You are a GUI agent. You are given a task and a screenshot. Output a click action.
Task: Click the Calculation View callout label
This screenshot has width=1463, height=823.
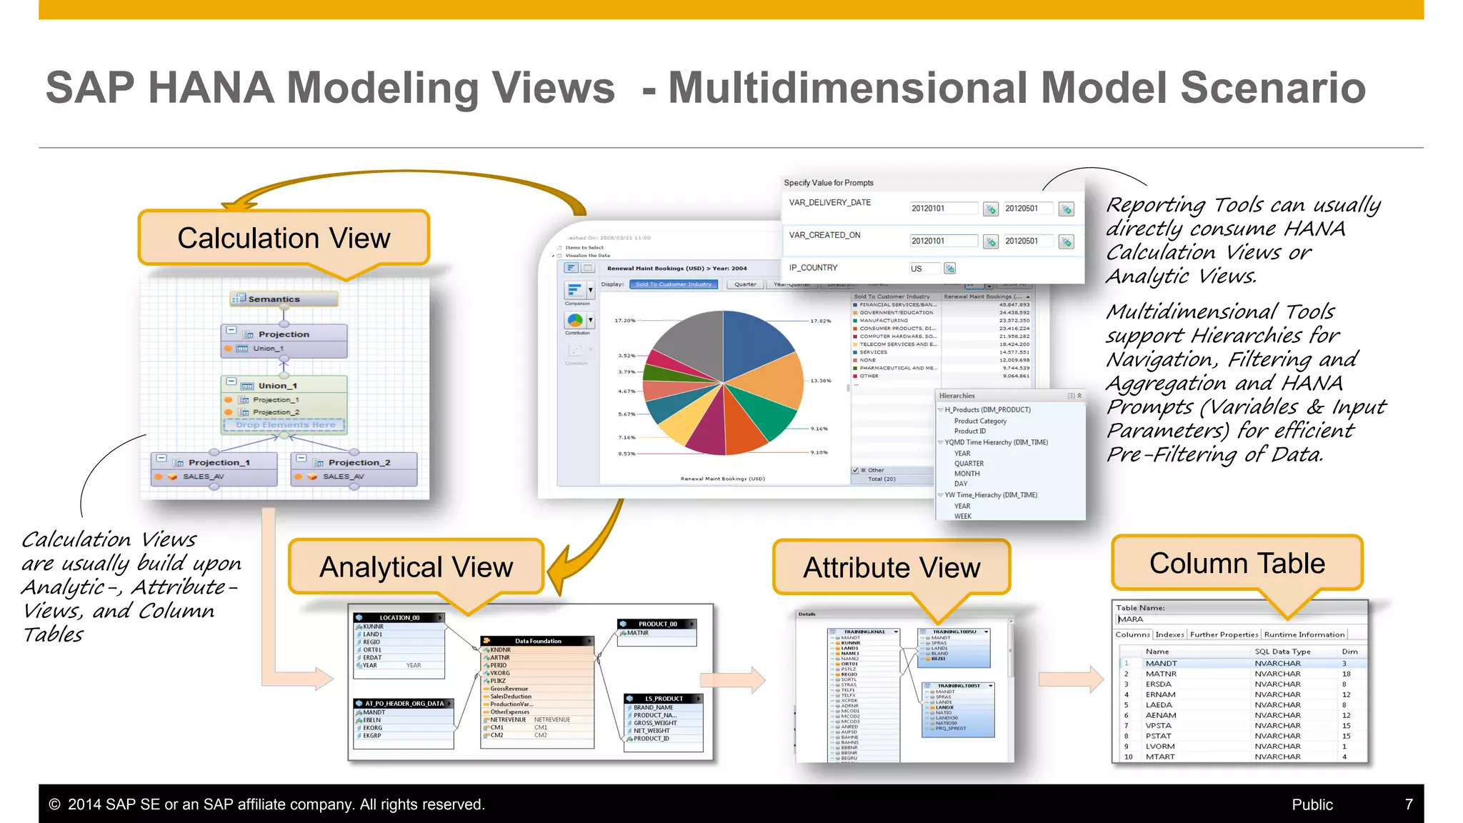(284, 238)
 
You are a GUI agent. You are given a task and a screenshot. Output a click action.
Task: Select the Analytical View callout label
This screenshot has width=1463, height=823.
(416, 567)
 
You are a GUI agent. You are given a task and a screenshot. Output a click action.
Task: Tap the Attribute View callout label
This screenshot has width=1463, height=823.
(892, 568)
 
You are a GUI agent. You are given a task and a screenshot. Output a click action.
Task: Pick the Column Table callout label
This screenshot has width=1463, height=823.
(1237, 564)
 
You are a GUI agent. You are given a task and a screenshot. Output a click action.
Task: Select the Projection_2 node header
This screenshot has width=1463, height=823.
(359, 462)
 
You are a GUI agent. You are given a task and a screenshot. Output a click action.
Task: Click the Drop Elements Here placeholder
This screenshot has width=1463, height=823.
(285, 425)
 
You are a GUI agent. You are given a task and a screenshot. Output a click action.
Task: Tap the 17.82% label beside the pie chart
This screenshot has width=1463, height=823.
(820, 321)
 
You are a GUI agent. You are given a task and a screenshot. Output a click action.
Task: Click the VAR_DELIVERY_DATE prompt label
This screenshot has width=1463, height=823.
(829, 203)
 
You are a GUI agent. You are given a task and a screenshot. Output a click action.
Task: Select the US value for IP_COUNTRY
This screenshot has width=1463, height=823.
(917, 269)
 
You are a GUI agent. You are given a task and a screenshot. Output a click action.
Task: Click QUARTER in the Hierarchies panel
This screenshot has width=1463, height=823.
(969, 464)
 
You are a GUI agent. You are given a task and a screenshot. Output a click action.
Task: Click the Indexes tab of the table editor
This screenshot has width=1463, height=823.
(1169, 634)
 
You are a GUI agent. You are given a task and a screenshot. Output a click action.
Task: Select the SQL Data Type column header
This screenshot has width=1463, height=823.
(1282, 652)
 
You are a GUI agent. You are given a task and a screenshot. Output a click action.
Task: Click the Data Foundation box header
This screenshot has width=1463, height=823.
(538, 641)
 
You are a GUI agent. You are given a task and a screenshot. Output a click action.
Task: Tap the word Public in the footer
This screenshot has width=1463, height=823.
(1312, 804)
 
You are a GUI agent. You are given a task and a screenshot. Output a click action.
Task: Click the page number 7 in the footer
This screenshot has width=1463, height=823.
(1409, 804)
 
